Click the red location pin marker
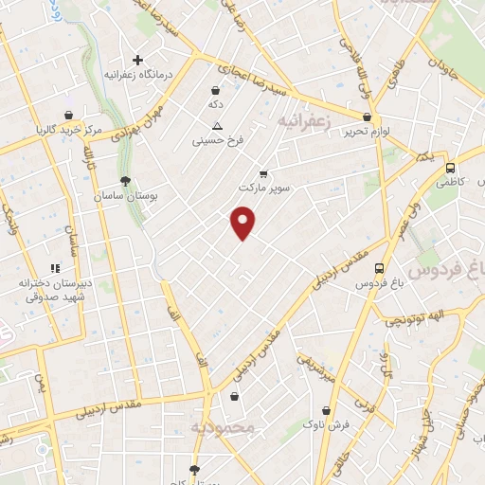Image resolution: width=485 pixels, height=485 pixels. click(x=243, y=224)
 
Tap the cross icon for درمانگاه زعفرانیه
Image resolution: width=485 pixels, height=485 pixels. click(x=138, y=59)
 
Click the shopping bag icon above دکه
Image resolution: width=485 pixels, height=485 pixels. click(x=217, y=91)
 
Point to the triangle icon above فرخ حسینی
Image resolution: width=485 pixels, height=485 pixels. click(x=218, y=126)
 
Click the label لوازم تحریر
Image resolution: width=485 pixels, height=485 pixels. click(x=366, y=132)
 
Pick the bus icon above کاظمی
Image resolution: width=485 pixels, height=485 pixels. click(x=450, y=167)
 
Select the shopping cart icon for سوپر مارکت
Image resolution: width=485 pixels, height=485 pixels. click(x=263, y=173)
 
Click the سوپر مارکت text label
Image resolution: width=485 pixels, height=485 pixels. click(x=263, y=188)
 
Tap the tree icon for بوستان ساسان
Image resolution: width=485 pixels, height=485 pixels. click(x=125, y=180)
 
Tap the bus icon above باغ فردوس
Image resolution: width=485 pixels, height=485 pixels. click(x=379, y=269)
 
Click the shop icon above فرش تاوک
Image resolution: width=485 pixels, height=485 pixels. click(x=327, y=411)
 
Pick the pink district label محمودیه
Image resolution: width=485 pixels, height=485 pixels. click(x=223, y=428)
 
